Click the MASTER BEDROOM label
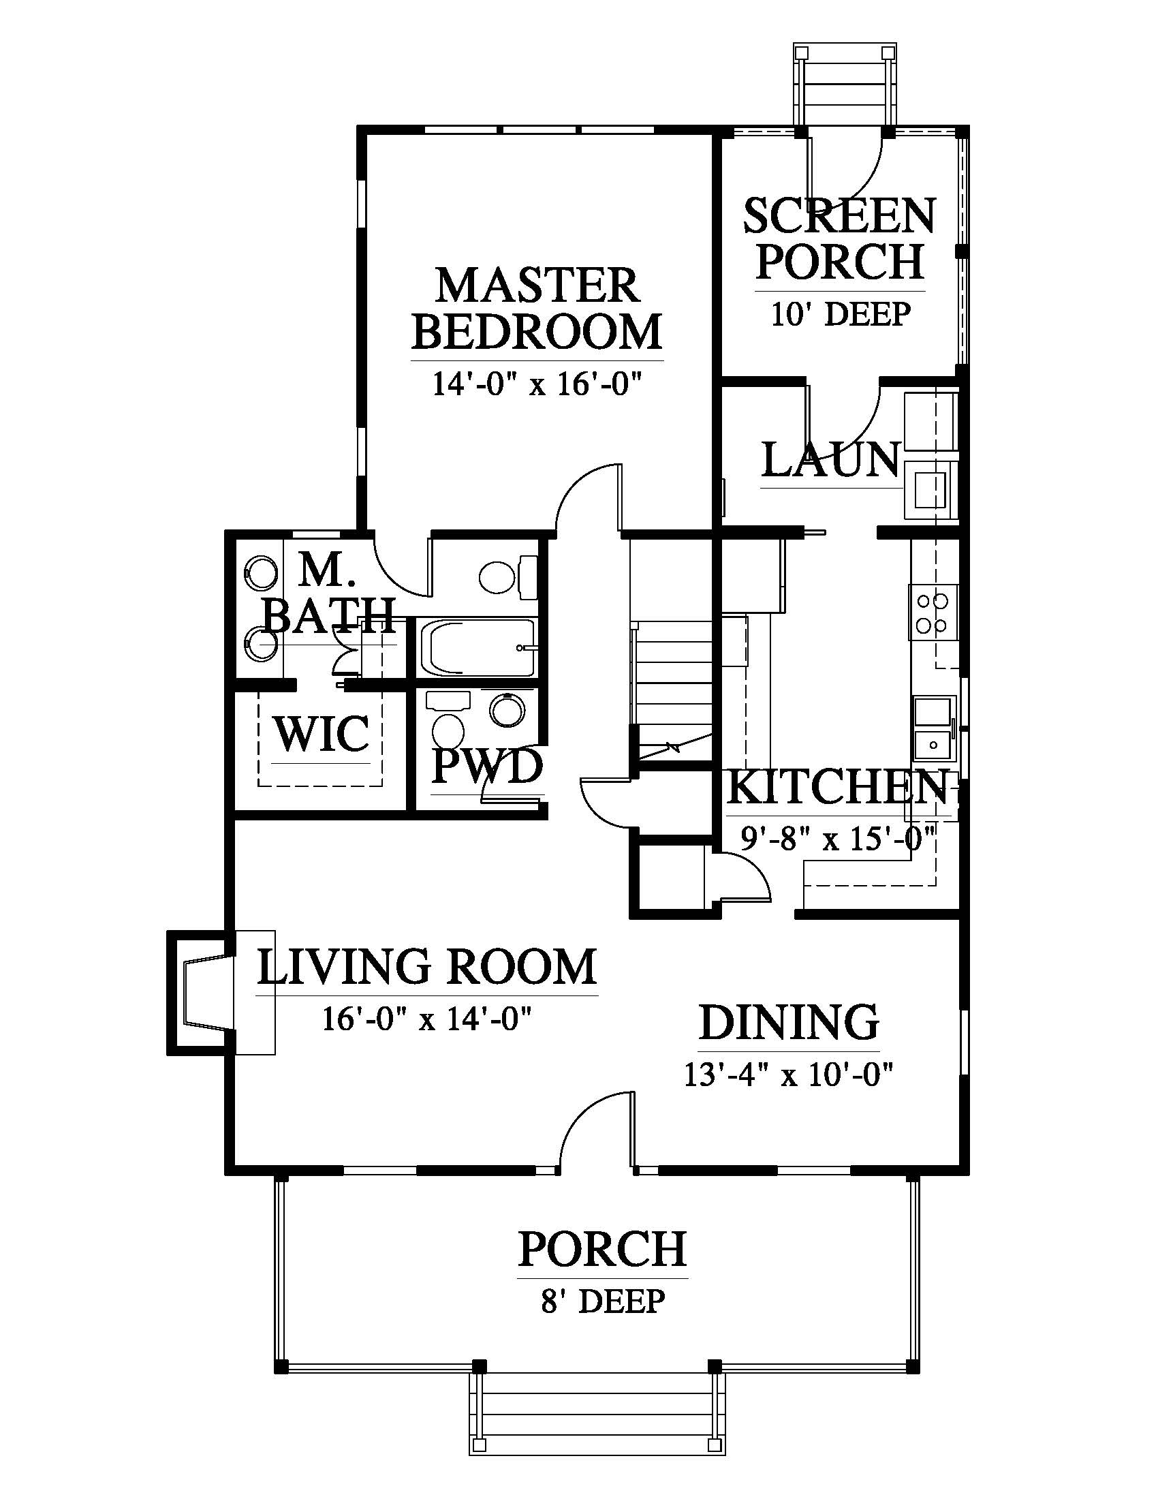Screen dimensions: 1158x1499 tap(537, 308)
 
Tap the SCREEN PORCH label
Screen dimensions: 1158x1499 tap(840, 238)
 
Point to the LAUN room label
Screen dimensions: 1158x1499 tap(832, 460)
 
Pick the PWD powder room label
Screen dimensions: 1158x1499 tap(486, 767)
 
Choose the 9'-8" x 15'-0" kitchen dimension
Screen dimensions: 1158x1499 tap(839, 838)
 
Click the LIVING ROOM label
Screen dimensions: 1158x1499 tap(426, 966)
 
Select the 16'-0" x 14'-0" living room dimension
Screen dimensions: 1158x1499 tap(427, 1019)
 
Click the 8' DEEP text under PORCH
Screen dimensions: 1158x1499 tap(602, 1301)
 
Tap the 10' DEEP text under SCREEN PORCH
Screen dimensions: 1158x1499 tap(841, 314)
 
